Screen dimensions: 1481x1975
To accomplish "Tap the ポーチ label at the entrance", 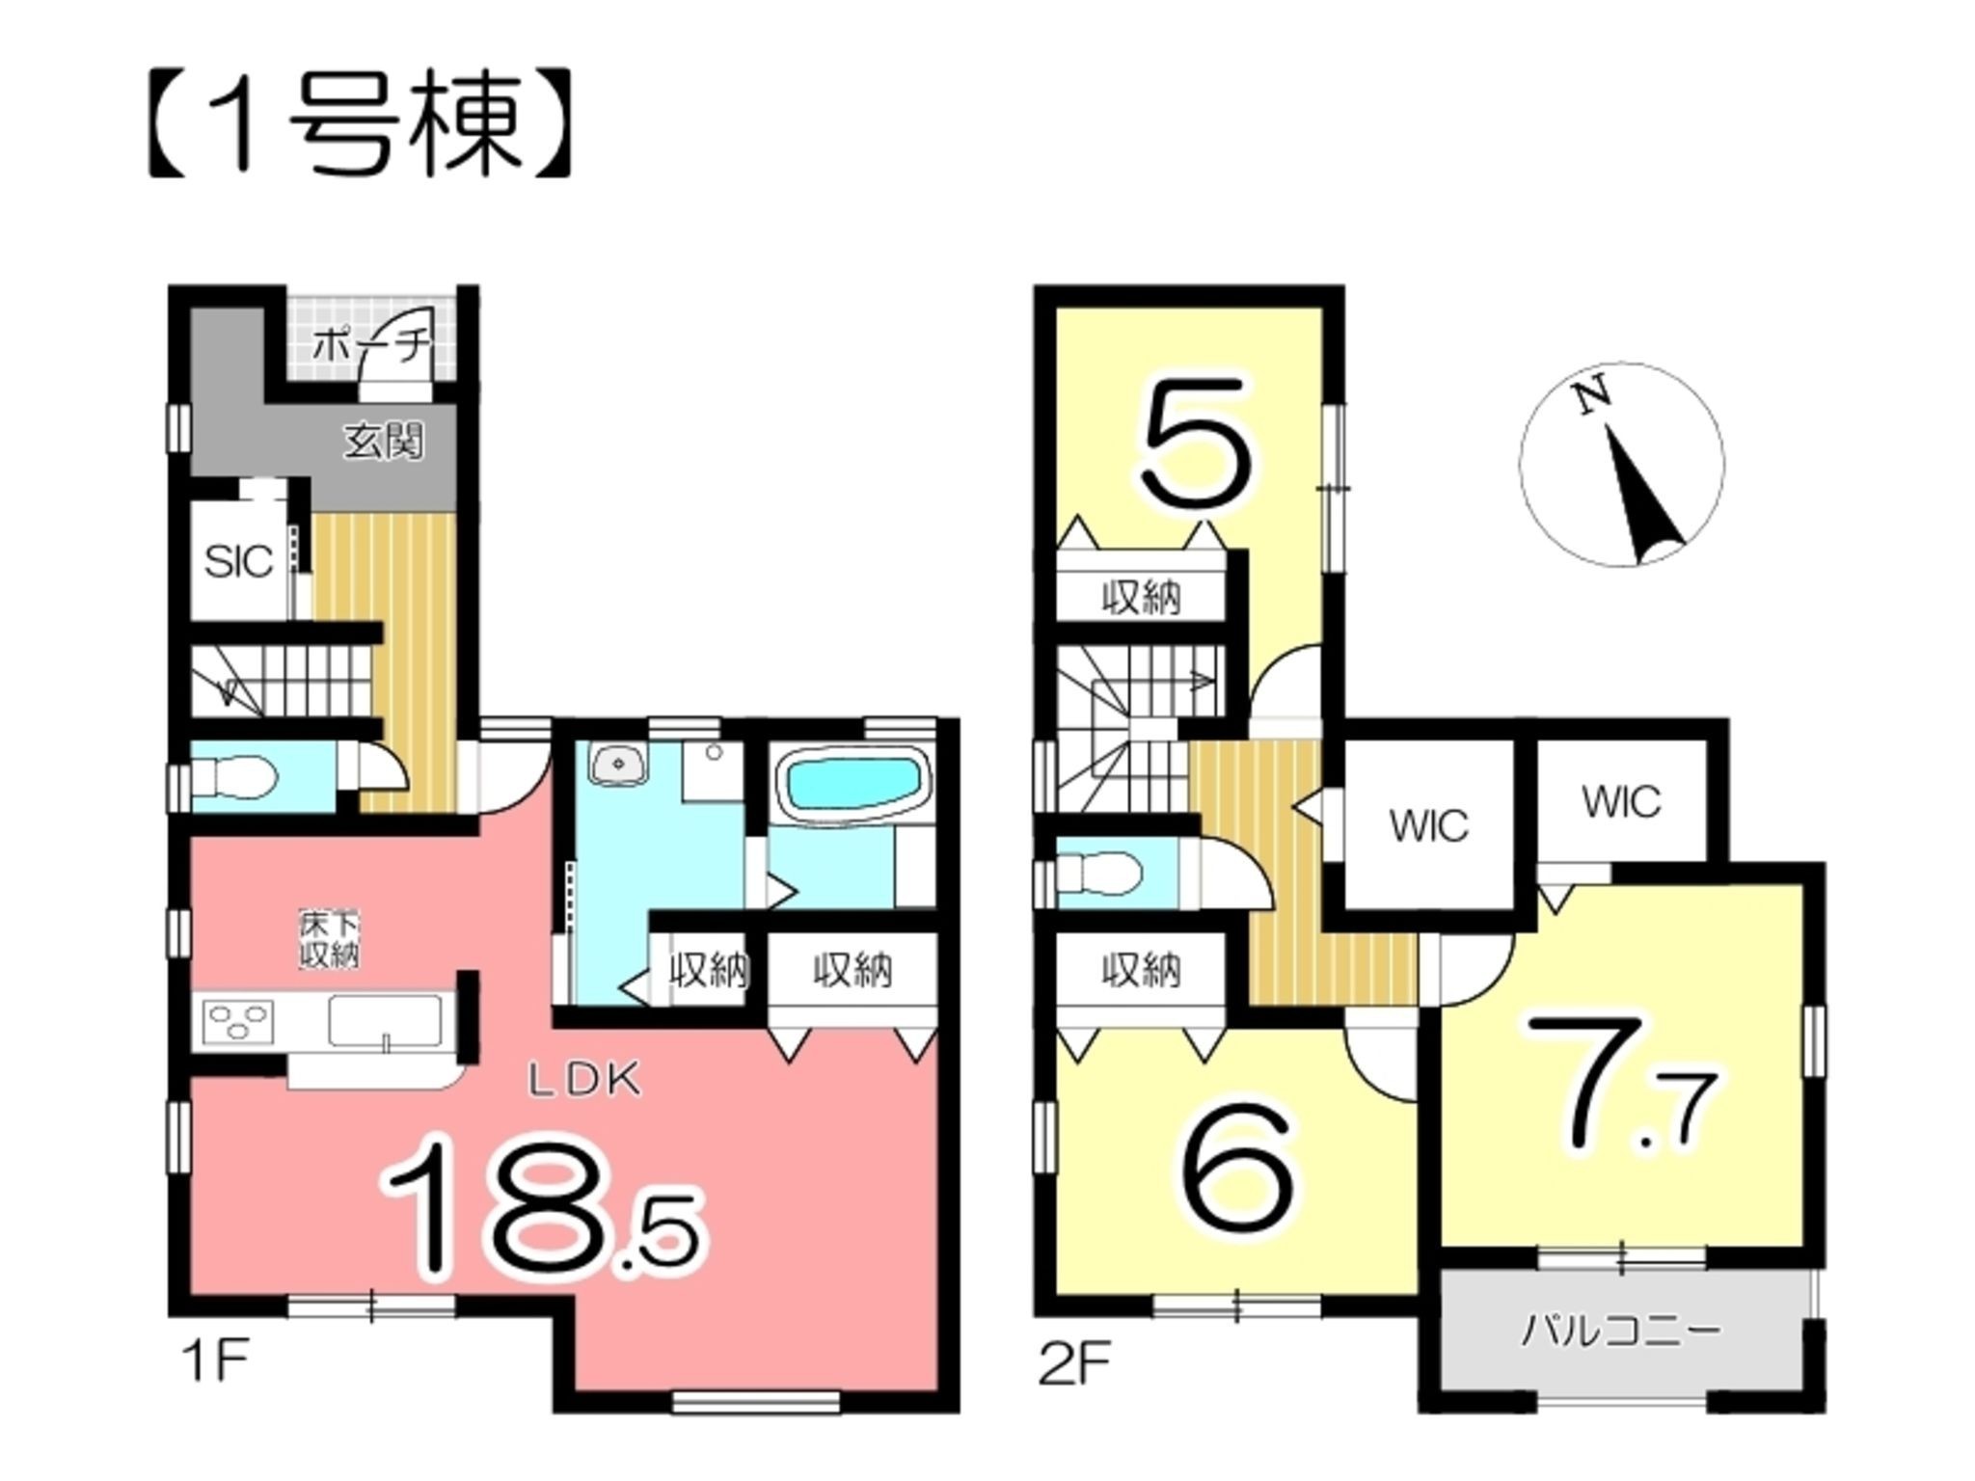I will point(371,344).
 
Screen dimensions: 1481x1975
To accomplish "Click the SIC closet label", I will point(238,562).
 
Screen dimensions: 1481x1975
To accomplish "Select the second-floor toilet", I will point(1099,873).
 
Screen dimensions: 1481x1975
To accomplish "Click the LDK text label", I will point(583,1081).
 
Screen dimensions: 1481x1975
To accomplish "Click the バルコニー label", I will point(1620,1332).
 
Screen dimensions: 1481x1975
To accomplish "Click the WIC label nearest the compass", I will point(1621,802).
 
